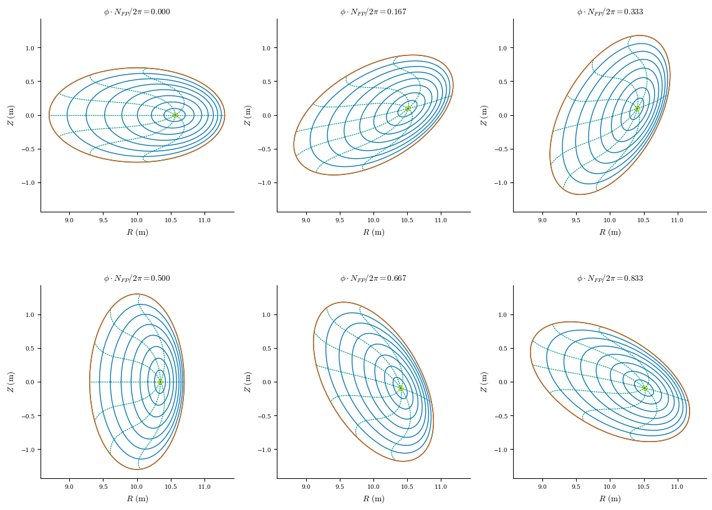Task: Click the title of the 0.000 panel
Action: [x=137, y=12]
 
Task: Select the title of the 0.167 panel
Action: [x=373, y=12]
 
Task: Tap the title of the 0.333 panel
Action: [x=609, y=12]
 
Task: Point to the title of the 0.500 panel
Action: [x=137, y=278]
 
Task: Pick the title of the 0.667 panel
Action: [x=373, y=278]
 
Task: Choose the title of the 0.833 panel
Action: [x=609, y=278]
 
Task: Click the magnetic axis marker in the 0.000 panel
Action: [x=175, y=115]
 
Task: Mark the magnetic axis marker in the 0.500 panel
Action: [x=160, y=382]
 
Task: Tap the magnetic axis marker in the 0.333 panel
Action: [x=637, y=108]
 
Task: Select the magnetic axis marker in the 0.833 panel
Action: [x=644, y=388]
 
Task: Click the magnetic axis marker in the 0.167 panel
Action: [x=408, y=108]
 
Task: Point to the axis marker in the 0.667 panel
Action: [x=401, y=388]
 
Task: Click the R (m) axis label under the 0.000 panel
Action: [x=137, y=232]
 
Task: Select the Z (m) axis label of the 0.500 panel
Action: [x=11, y=382]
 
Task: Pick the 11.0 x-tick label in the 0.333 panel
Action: [x=677, y=220]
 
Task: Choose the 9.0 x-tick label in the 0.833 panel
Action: [x=542, y=486]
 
